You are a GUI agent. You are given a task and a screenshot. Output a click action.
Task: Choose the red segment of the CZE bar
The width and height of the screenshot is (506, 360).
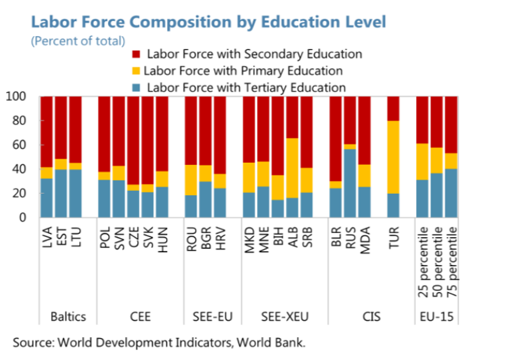pyautogui.click(x=133, y=141)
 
